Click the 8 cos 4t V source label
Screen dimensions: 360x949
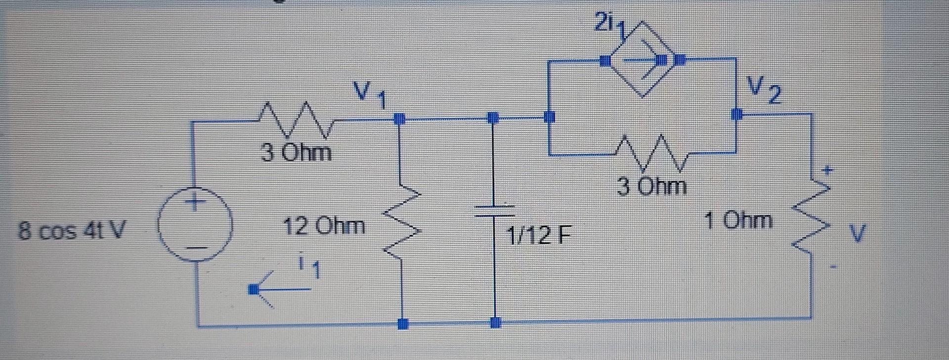[x=72, y=230]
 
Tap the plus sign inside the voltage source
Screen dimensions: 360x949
[x=196, y=202]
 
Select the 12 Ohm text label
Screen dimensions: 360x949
[x=324, y=226]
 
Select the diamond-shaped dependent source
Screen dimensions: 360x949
[x=642, y=60]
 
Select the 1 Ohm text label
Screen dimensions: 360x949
[x=738, y=220]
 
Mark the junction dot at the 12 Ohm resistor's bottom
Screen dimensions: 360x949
[x=403, y=324]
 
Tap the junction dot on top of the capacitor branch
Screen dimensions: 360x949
[x=492, y=118]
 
